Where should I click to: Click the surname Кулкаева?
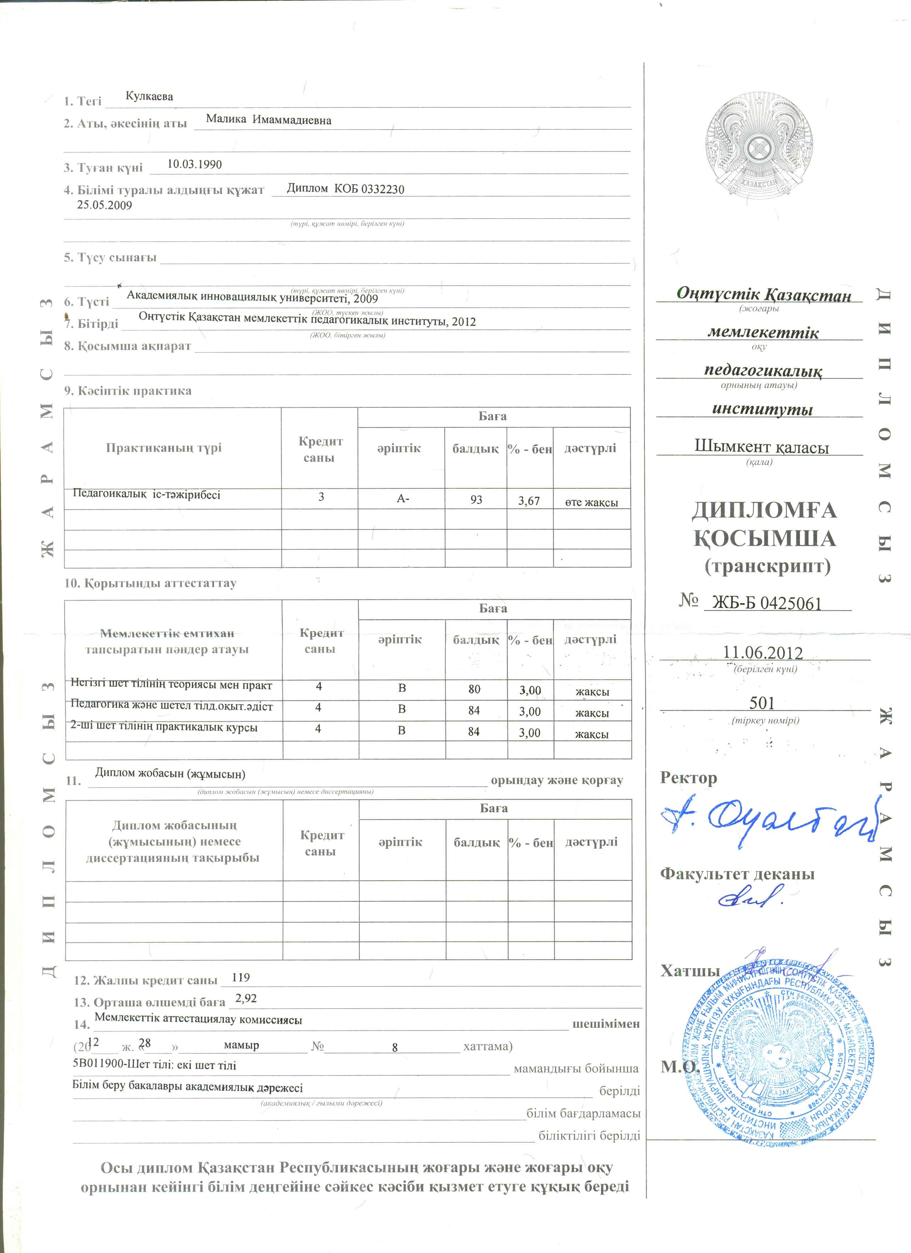[x=149, y=97]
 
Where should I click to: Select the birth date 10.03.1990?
[x=195, y=164]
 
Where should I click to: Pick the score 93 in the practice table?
[x=476, y=500]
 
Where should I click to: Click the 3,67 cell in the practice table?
[x=529, y=501]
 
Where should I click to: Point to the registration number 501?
[x=762, y=703]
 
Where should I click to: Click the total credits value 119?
[x=241, y=977]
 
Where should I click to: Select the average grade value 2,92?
[x=246, y=998]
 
